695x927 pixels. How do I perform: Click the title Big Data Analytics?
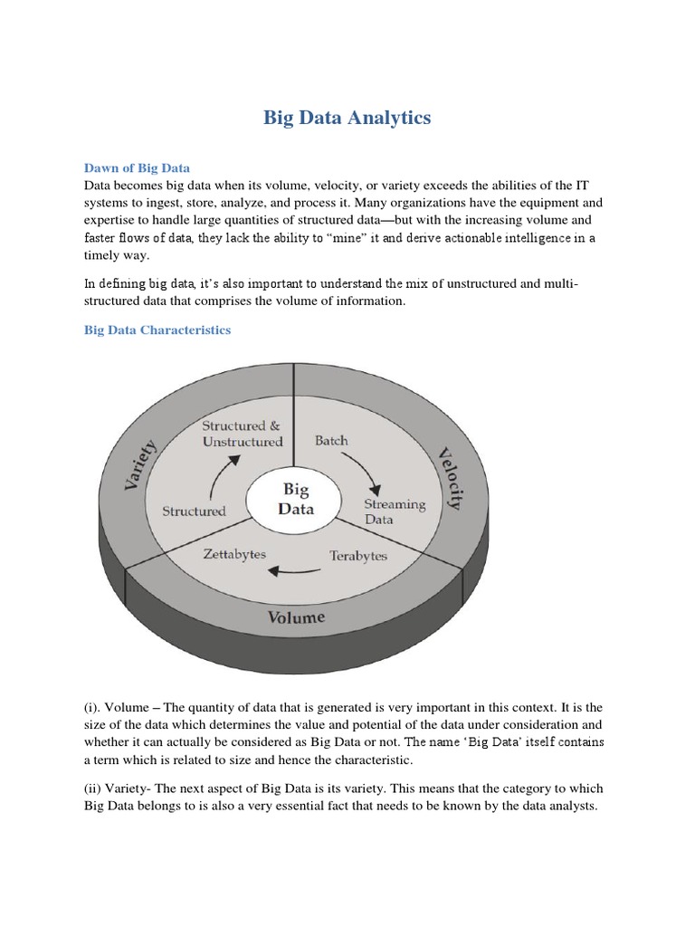click(347, 118)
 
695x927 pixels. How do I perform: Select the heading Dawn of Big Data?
click(138, 167)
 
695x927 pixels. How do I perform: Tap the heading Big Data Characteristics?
click(157, 330)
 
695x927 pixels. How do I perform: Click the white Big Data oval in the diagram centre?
click(296, 499)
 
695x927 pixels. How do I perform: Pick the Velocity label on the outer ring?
click(450, 477)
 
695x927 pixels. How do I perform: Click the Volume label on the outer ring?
click(296, 618)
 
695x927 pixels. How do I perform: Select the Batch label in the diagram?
click(331, 441)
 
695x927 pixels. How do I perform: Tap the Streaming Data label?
click(394, 511)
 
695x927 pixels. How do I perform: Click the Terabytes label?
click(358, 556)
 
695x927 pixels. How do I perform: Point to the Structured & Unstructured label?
click(242, 434)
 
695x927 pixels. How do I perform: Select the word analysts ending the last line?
click(572, 806)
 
